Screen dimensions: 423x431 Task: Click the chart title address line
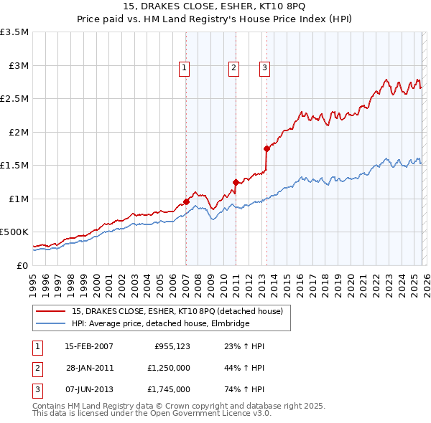(x=215, y=7)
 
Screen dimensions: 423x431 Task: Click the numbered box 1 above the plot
(x=185, y=68)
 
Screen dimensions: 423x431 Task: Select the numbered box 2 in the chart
(x=234, y=68)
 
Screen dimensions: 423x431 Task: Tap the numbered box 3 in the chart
(x=264, y=68)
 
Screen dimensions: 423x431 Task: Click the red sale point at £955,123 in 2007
(x=186, y=201)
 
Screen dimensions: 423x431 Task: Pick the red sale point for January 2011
(x=235, y=182)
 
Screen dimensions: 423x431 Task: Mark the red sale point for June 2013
(x=267, y=149)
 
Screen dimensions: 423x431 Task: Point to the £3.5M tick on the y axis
(x=15, y=32)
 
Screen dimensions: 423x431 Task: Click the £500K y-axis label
(x=15, y=232)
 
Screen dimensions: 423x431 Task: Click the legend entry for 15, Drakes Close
(x=177, y=311)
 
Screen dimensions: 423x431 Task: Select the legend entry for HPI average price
(x=160, y=324)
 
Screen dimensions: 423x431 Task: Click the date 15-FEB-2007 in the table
(x=89, y=346)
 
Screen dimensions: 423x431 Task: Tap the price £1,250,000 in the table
(x=167, y=368)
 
